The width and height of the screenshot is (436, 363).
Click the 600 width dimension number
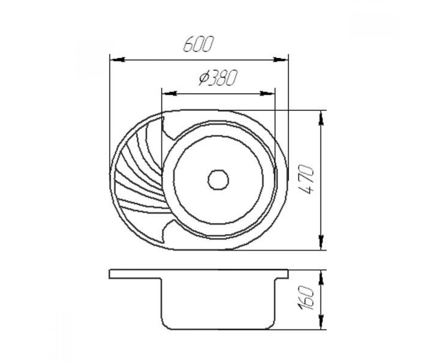(198, 44)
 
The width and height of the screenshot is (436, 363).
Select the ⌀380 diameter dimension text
(218, 78)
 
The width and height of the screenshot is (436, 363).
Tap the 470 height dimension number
(306, 179)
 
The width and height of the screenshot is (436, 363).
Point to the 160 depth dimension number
(306, 298)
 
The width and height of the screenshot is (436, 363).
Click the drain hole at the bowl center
(218, 180)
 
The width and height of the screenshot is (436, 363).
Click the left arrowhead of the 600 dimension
(118, 60)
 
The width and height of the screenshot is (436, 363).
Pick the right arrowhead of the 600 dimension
(280, 60)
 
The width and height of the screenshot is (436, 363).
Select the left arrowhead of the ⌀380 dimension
(170, 94)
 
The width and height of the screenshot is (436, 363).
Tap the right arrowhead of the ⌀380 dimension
(267, 94)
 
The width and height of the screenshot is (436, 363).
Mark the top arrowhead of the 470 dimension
(321, 118)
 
